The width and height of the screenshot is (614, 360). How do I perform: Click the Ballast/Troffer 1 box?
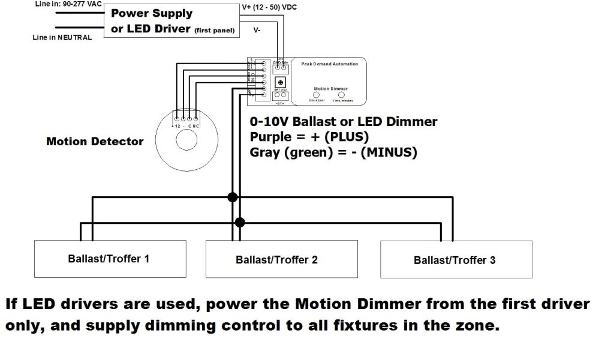[109, 259]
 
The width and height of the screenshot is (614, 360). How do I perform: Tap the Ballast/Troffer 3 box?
[456, 260]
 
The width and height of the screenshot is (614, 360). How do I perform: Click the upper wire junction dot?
[233, 197]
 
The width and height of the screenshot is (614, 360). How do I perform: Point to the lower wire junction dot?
[240, 223]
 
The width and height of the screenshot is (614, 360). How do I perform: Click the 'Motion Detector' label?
[95, 142]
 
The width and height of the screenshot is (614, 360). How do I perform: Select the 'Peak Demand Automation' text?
[329, 64]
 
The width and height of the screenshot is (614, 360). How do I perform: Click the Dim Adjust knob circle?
[317, 95]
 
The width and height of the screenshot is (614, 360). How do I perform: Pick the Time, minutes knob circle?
[342, 95]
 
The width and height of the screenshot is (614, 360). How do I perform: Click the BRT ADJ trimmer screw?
[281, 82]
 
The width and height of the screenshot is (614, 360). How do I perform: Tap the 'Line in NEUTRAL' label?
[62, 38]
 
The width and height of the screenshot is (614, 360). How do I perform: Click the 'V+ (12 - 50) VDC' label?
[269, 7]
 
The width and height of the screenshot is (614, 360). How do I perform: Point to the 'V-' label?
[257, 30]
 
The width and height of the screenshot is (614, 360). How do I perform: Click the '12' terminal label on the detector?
[177, 126]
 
